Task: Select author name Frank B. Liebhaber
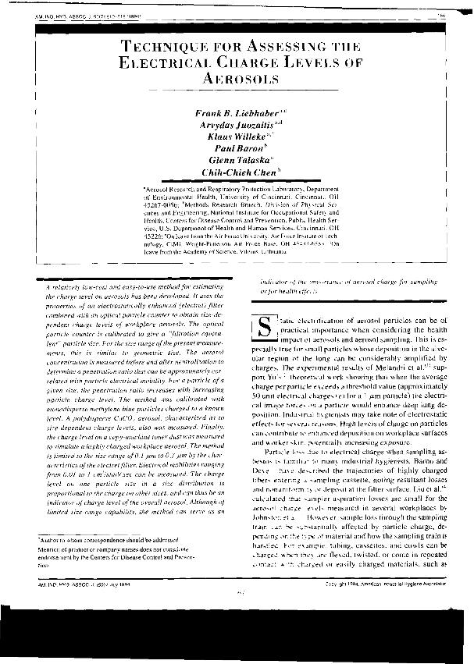coord(231,115)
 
